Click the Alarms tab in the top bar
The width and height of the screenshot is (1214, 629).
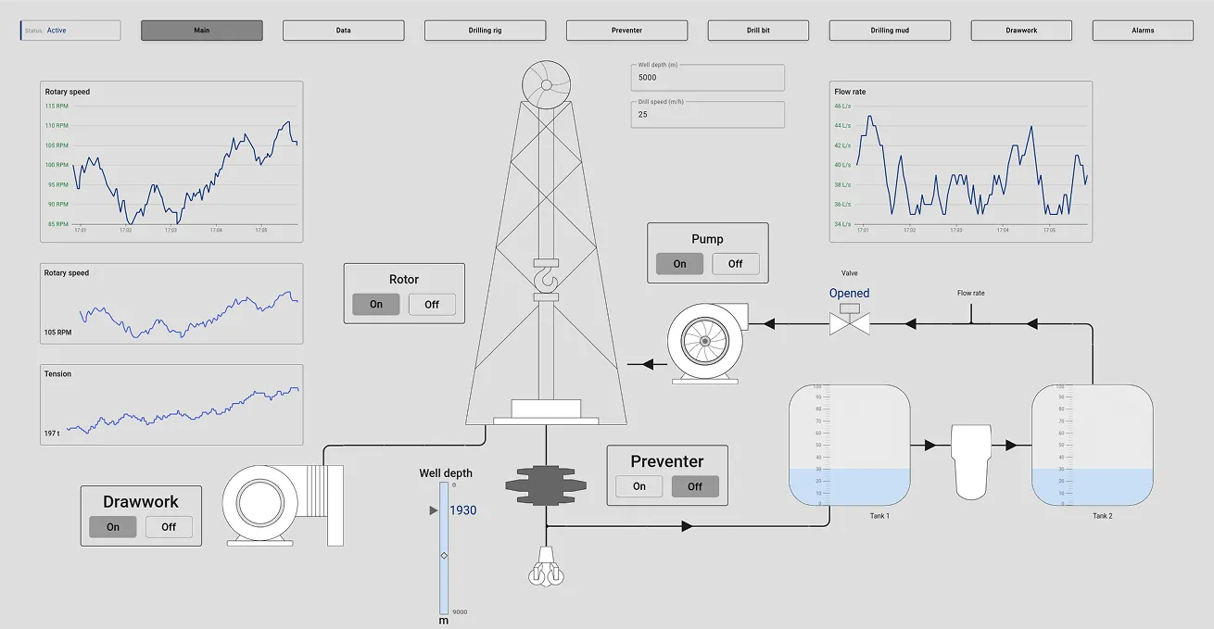pyautogui.click(x=1143, y=31)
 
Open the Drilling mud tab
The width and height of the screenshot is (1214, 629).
pyautogui.click(x=890, y=31)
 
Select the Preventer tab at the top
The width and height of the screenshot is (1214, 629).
pyautogui.click(x=626, y=31)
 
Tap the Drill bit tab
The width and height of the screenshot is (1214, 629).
pyautogui.click(x=758, y=31)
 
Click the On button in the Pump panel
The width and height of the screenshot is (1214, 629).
pyautogui.click(x=679, y=264)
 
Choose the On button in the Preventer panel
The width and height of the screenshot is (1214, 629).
pyautogui.click(x=639, y=486)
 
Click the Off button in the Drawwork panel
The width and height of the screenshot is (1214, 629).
pyautogui.click(x=169, y=527)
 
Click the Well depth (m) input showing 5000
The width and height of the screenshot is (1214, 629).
pyautogui.click(x=707, y=78)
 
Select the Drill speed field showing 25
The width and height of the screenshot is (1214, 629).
pyautogui.click(x=707, y=114)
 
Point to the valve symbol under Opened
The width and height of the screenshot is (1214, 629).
pyautogui.click(x=849, y=323)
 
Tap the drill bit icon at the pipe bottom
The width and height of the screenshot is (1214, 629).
pyautogui.click(x=546, y=568)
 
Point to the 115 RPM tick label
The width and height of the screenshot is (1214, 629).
pyautogui.click(x=57, y=106)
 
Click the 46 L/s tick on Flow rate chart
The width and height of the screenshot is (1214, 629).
pyautogui.click(x=842, y=106)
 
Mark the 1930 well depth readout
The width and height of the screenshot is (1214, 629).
pyautogui.click(x=462, y=510)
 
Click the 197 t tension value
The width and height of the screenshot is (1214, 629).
pyautogui.click(x=52, y=434)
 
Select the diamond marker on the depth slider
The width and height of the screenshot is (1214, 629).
pyautogui.click(x=444, y=555)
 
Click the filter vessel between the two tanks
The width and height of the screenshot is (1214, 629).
pyautogui.click(x=971, y=460)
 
